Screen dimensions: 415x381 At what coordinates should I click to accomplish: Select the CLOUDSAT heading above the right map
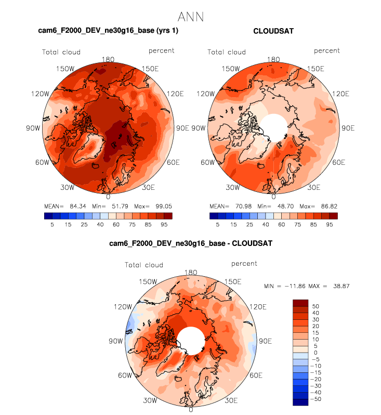point(273,31)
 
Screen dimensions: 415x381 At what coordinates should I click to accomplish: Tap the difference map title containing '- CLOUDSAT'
point(191,243)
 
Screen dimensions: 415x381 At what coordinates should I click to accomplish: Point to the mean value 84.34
point(79,206)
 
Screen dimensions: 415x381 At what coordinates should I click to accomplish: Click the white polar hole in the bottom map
point(190,341)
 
